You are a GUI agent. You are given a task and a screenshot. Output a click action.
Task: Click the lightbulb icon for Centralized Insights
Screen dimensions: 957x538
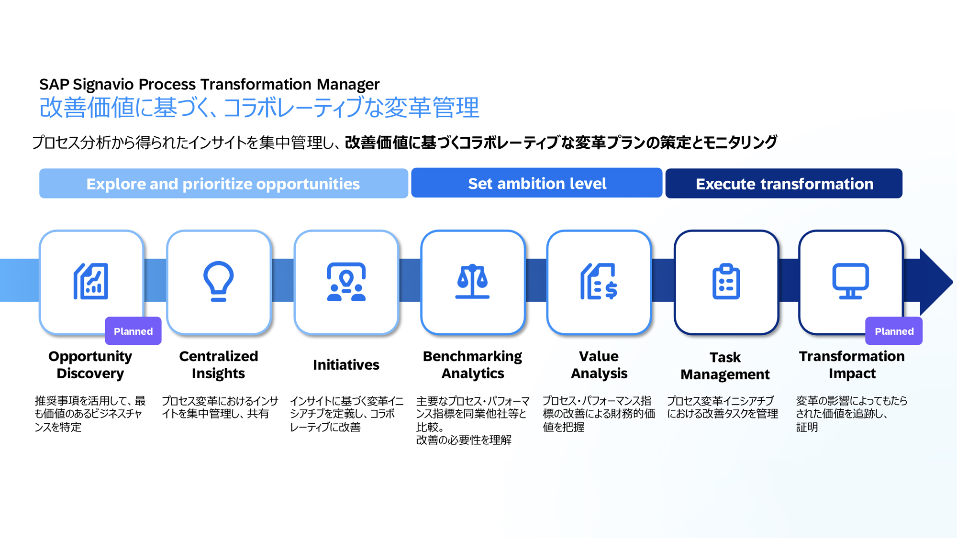[218, 281]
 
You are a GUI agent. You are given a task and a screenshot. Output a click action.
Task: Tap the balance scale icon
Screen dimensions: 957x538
[472, 281]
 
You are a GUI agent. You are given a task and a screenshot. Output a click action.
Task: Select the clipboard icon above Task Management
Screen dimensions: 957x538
[726, 281]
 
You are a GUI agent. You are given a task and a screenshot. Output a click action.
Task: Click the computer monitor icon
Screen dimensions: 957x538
[850, 281]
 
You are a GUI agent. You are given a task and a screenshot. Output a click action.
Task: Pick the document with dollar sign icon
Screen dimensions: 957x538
[599, 281]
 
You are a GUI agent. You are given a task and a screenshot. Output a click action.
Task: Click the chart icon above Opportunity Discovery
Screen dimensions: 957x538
[90, 281]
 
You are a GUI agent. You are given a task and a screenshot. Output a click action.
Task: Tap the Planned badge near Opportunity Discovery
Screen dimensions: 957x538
[133, 331]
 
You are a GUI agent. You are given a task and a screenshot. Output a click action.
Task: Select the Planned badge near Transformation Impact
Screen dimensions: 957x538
[894, 331]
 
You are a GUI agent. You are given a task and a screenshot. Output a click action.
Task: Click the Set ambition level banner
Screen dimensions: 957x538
[537, 183]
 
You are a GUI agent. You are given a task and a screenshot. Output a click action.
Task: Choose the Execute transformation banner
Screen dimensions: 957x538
[784, 184]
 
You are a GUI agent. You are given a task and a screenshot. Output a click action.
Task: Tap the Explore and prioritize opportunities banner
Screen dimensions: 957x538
[223, 184]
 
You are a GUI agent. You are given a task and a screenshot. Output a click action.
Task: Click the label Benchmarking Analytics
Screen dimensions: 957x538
[472, 364]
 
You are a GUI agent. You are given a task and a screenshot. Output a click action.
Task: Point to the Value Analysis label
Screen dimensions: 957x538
[599, 364]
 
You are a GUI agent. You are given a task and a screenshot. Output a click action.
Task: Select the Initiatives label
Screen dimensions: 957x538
[346, 365]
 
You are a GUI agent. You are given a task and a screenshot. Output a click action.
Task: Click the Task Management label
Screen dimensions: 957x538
[725, 366]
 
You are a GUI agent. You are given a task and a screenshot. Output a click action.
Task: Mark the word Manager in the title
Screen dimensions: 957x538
[348, 85]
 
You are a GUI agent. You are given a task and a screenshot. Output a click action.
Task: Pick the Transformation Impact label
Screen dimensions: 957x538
[852, 364]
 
